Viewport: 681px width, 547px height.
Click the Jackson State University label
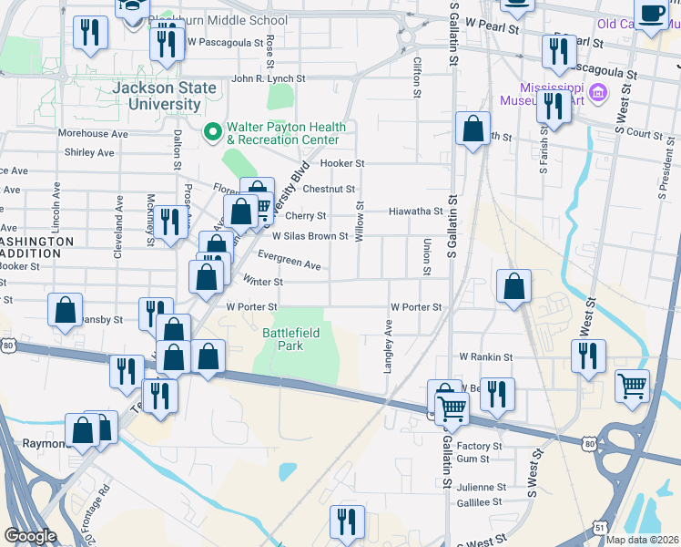(x=165, y=97)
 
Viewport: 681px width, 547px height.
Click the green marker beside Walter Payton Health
(x=213, y=133)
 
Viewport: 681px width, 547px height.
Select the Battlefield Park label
(x=291, y=340)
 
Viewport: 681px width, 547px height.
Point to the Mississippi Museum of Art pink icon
(x=598, y=92)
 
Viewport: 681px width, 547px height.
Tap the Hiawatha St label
(x=415, y=212)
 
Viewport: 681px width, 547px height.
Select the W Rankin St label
(x=486, y=357)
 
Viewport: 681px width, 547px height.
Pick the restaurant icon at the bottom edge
(x=347, y=521)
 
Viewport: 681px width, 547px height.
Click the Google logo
(x=30, y=536)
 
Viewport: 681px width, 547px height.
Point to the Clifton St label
(x=417, y=77)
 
